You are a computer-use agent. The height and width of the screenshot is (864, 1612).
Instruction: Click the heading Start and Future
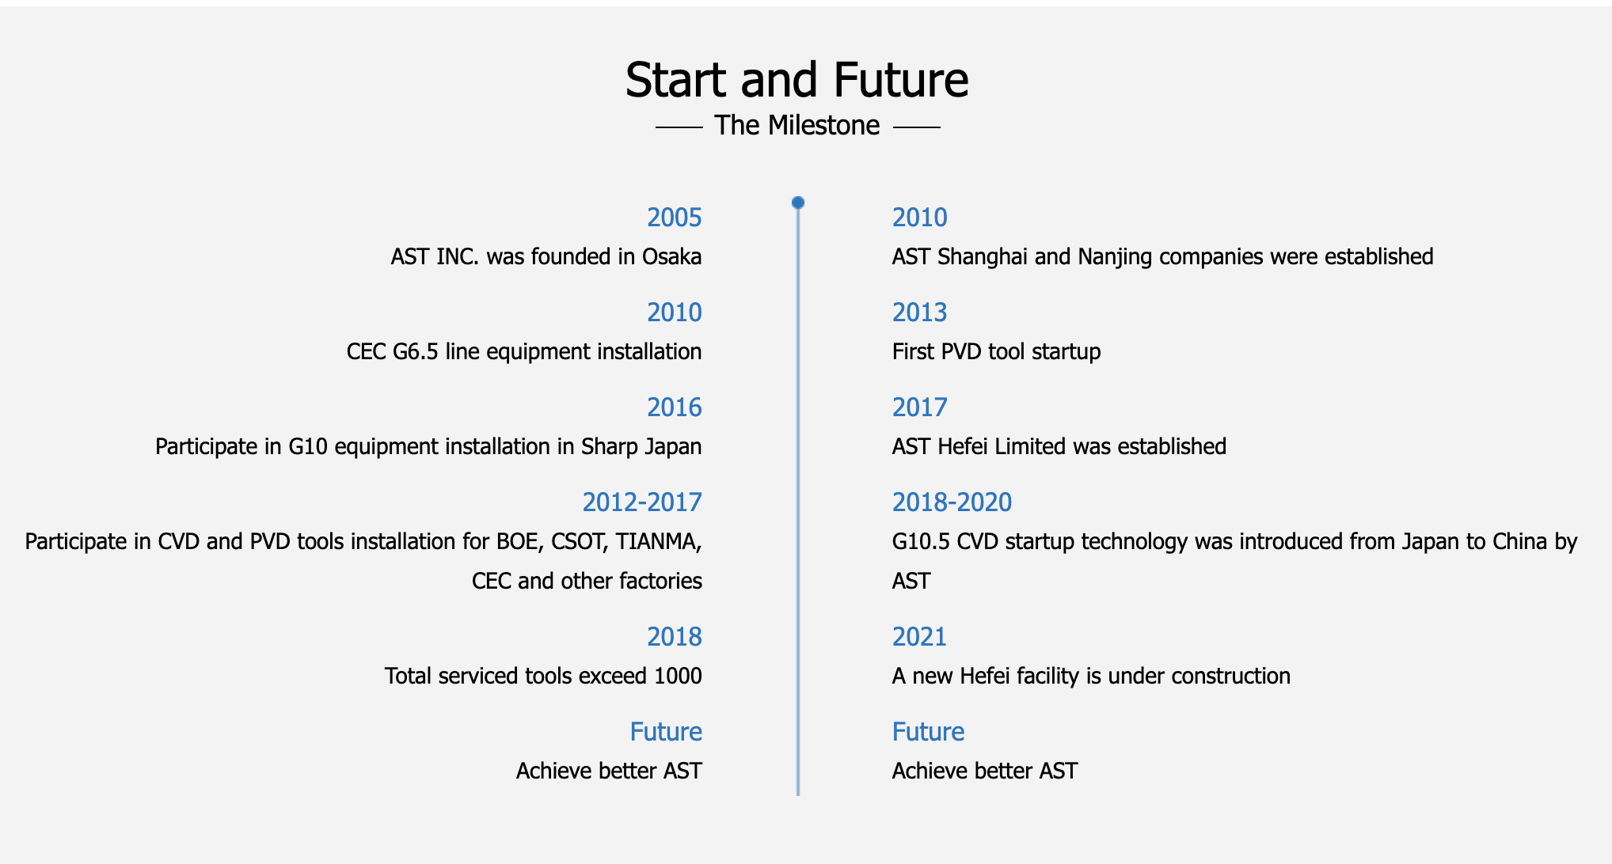797,80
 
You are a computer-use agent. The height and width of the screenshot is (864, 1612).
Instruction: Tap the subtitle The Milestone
797,125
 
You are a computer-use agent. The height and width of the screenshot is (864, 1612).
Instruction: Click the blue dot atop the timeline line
798,203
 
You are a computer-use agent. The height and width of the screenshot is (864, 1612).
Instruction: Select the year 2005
675,218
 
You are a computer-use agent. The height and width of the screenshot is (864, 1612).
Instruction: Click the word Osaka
672,256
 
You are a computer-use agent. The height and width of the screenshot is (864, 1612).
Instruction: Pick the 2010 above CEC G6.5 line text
675,313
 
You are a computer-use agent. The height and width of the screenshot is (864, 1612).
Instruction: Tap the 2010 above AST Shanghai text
920,218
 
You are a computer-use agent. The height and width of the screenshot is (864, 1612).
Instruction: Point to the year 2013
920,313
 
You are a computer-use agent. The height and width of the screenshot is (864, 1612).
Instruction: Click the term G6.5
415,351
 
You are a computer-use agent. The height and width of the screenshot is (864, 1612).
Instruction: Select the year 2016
675,407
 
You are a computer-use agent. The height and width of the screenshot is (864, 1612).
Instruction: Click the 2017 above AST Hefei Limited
920,407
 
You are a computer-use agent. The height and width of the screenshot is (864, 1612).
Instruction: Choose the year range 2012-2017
642,502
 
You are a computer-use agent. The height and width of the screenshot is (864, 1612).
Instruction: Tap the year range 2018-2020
952,502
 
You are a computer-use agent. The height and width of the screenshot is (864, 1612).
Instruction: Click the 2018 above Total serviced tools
675,637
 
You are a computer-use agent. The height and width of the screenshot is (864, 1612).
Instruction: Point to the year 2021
920,637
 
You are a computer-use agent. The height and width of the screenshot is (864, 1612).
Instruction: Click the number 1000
679,676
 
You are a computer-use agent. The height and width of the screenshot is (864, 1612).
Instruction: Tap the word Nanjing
1115,258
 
